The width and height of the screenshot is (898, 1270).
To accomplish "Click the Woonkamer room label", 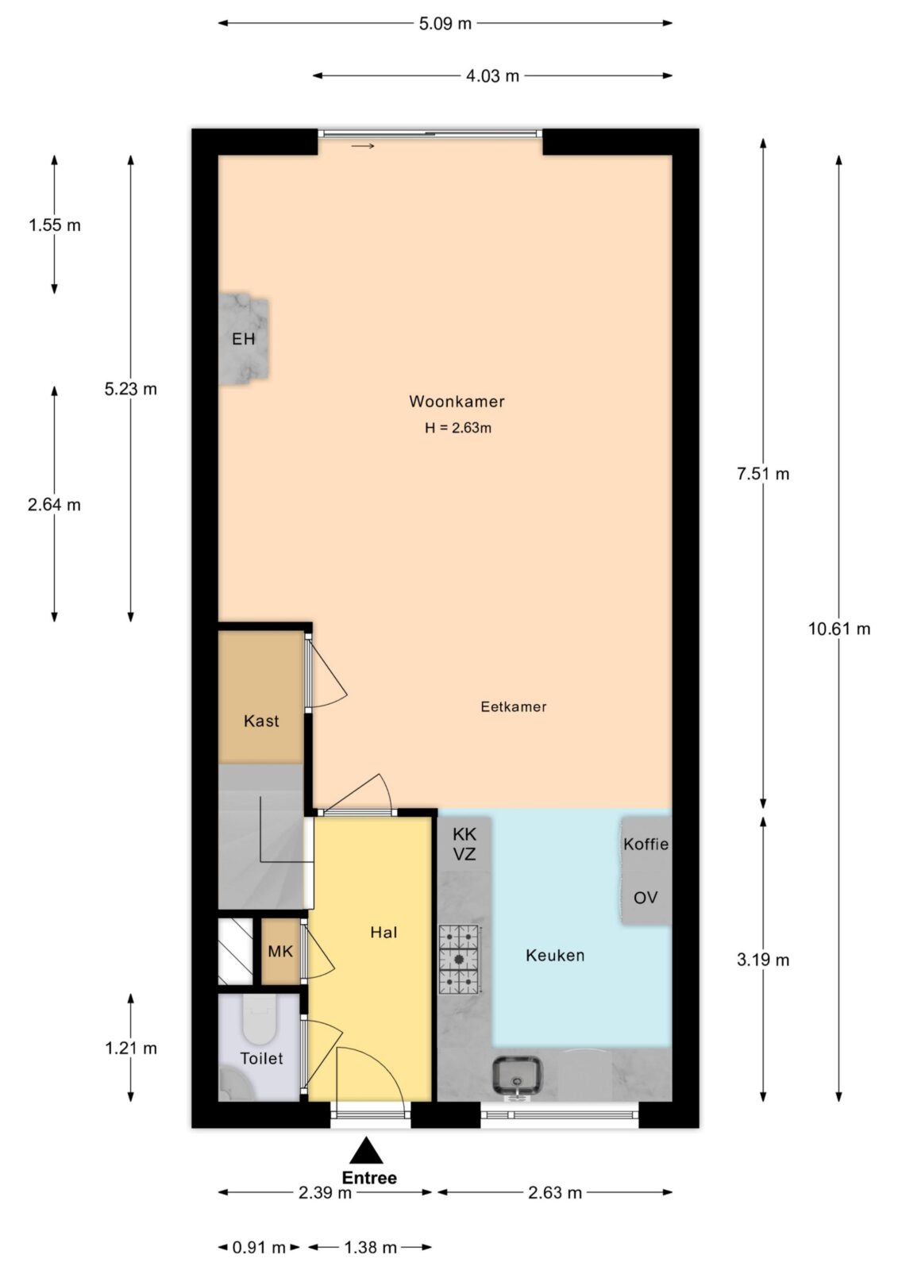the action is (x=457, y=402).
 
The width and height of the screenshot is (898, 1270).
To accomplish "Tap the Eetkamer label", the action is (x=514, y=707).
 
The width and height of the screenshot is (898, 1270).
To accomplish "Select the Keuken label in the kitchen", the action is (x=555, y=956).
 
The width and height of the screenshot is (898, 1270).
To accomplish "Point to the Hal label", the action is (x=383, y=933).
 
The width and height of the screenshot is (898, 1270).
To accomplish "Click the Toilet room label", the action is (x=261, y=1059).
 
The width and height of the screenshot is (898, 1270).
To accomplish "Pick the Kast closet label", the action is (x=261, y=722).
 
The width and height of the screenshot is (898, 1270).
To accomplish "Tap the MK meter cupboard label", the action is (x=280, y=952).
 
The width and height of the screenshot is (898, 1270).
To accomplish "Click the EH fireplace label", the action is (x=244, y=340).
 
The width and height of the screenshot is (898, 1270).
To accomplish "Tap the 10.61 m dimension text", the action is (x=839, y=629).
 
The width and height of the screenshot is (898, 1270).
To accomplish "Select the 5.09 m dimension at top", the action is (x=445, y=24).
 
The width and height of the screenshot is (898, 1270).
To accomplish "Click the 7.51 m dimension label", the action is (x=763, y=474).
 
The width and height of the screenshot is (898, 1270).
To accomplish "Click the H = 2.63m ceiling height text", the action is (x=458, y=428).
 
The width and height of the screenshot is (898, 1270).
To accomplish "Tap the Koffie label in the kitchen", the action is (x=646, y=845).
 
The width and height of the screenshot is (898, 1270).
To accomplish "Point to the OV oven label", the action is (x=646, y=898).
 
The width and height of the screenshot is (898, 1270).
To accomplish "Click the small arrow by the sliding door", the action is (x=363, y=146).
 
